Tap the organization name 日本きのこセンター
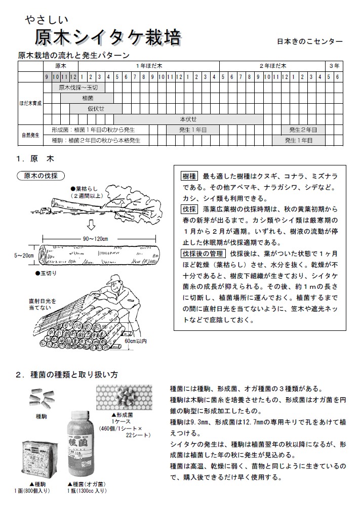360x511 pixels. (310, 41)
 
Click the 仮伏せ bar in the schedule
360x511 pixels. (96, 109)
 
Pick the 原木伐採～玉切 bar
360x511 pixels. (78, 88)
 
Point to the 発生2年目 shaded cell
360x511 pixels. (303, 130)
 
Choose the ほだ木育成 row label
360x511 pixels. (30, 104)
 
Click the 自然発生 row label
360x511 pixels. (30, 136)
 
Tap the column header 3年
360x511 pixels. (334, 66)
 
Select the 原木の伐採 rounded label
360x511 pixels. (41, 176)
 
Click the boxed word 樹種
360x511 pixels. (189, 177)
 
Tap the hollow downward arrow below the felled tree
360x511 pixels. (92, 224)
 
